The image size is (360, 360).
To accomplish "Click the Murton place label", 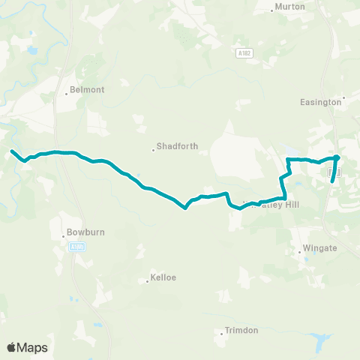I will click(289, 7).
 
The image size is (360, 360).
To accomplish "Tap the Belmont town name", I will click(86, 89).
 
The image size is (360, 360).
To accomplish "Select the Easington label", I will click(320, 102).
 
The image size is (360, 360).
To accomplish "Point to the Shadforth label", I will click(177, 147).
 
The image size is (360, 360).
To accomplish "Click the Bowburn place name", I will click(83, 233).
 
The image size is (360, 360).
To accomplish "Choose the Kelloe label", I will click(163, 277).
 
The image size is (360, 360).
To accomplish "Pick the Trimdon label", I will click(241, 331).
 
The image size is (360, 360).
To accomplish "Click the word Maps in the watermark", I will click(33, 347).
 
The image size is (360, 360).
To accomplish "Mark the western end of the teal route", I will click(11, 151).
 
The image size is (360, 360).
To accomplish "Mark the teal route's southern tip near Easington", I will click(331, 181).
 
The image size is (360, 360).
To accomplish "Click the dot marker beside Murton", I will click(271, 10).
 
